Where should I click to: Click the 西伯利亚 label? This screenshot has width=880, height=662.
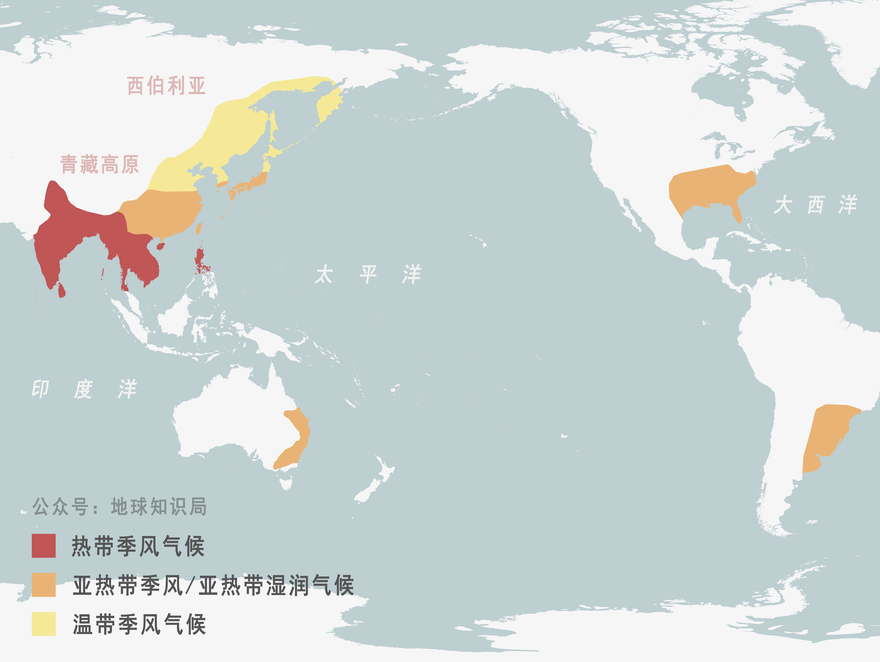tap(166, 86)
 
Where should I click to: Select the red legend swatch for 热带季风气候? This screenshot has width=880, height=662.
tap(44, 546)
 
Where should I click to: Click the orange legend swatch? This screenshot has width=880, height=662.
tap(44, 585)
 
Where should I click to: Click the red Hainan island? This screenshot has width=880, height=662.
tap(160, 247)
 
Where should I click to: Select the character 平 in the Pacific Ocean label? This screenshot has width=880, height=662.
tap(368, 275)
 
